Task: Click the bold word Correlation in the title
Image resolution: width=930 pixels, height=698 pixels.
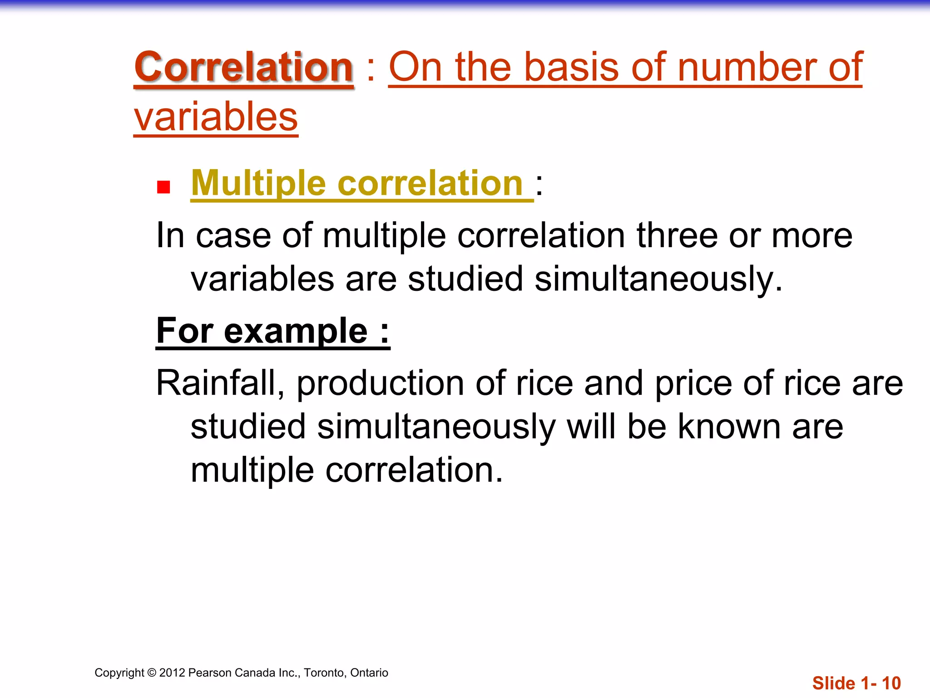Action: [x=244, y=67]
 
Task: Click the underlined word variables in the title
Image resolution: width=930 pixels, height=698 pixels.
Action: [x=216, y=117]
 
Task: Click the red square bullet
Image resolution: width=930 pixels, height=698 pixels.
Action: [x=163, y=187]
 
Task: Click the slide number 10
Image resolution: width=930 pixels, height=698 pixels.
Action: [x=891, y=683]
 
